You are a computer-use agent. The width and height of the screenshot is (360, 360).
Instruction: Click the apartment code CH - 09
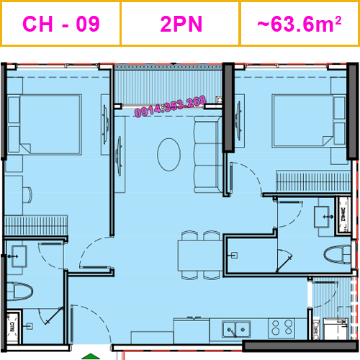pyautogui.click(x=61, y=24)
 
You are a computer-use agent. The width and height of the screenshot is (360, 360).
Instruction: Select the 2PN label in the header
pyautogui.click(x=181, y=24)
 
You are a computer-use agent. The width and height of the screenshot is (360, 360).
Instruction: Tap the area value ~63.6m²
pyautogui.click(x=299, y=24)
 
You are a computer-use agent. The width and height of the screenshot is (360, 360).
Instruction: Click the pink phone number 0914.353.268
pyautogui.click(x=171, y=106)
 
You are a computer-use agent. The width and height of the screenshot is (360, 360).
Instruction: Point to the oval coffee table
pyautogui.click(x=169, y=153)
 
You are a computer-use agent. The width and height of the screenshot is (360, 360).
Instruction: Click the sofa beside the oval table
pyautogui.click(x=209, y=156)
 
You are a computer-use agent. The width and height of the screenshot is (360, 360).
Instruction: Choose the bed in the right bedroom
pyautogui.click(x=302, y=121)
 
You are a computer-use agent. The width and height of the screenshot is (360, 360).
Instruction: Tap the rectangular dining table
pyautogui.click(x=200, y=254)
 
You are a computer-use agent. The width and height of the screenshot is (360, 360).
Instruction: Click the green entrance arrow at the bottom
pyautogui.click(x=89, y=354)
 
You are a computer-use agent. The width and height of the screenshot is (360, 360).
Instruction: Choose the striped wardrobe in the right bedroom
pyautogui.click(x=307, y=180)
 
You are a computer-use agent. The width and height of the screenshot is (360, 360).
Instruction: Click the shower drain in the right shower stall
pyautogui.click(x=233, y=253)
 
